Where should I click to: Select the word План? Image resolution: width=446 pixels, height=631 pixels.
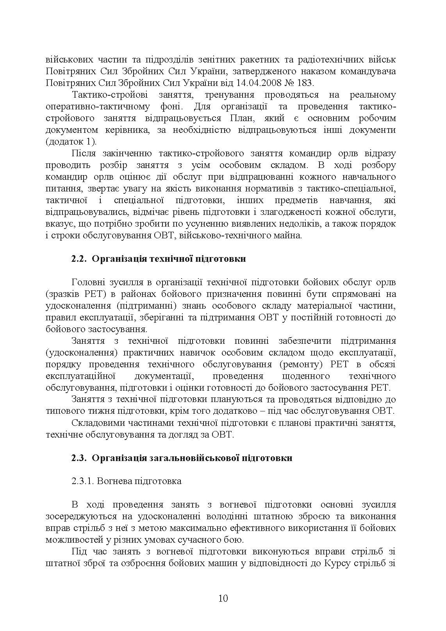point(246,118)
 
